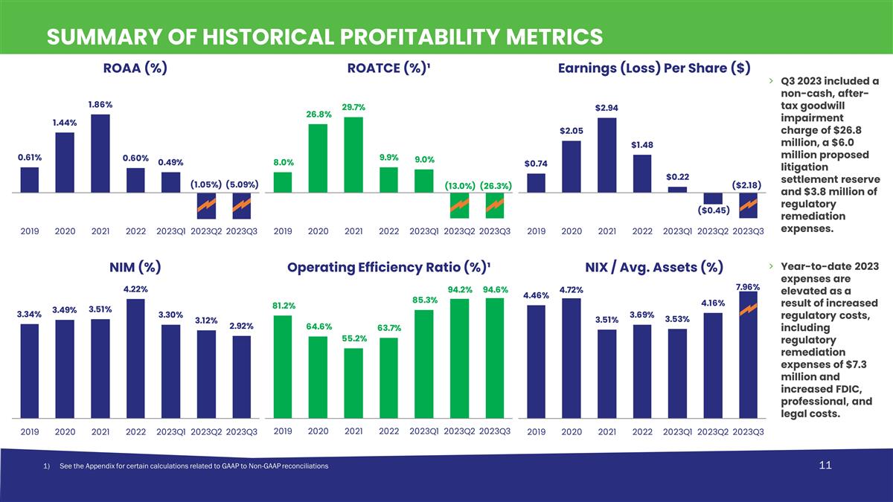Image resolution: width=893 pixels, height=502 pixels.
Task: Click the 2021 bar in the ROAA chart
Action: [100, 153]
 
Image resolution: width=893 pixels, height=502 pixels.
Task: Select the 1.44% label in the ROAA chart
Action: [65, 123]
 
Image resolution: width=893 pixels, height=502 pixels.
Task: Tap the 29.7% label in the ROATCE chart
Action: [353, 108]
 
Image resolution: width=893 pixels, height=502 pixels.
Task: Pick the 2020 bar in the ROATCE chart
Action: [318, 158]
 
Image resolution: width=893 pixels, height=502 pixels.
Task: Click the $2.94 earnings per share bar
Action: [607, 155]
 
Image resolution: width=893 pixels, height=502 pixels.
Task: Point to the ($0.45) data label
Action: [713, 210]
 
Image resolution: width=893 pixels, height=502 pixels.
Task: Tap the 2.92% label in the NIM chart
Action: [241, 326]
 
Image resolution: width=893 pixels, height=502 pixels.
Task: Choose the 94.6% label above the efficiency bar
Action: [495, 289]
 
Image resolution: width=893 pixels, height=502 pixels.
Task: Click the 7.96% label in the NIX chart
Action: [747, 286]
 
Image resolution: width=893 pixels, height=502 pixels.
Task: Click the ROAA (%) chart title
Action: [135, 68]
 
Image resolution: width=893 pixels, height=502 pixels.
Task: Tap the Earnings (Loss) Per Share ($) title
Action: [653, 68]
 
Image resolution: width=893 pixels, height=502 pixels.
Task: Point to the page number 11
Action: [823, 466]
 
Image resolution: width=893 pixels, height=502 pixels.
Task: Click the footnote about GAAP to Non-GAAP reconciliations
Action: [185, 466]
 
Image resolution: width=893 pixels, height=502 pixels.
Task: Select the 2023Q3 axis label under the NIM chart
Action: [241, 431]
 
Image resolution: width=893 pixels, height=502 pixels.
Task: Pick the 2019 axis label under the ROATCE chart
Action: [283, 231]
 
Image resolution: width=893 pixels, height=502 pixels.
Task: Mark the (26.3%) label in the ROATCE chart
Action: [496, 184]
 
